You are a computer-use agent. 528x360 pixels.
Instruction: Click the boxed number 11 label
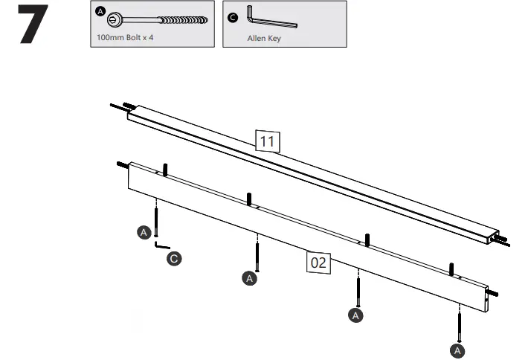point(267,140)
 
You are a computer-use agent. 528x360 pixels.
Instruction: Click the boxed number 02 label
point(319,262)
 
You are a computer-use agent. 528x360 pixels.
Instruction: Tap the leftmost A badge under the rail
point(144,233)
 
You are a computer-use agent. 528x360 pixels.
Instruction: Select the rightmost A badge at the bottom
point(459,349)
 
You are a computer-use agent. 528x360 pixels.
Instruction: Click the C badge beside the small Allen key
point(173,259)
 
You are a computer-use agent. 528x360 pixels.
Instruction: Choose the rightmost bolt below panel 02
point(460,324)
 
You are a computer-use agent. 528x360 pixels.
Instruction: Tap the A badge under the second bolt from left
point(250,278)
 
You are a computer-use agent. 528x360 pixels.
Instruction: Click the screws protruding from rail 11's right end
point(502,239)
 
